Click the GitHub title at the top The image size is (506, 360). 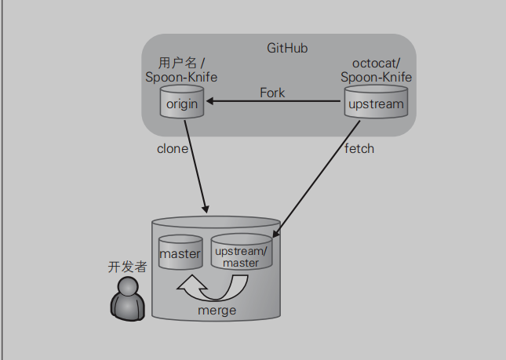click(x=287, y=48)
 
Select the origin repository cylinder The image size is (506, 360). click(x=182, y=103)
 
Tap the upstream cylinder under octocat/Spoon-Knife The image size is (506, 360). click(x=376, y=104)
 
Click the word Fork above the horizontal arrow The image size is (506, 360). click(x=272, y=93)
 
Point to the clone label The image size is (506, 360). click(x=173, y=148)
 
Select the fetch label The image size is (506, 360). click(x=359, y=148)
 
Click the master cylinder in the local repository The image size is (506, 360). click(x=180, y=253)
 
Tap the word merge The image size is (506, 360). click(x=217, y=311)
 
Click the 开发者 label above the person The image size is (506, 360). click(x=127, y=267)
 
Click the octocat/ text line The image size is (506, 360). click(x=377, y=64)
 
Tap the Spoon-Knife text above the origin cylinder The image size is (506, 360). click(x=181, y=78)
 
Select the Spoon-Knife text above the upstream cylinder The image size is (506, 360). click(x=377, y=78)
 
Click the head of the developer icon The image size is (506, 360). click(x=127, y=288)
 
